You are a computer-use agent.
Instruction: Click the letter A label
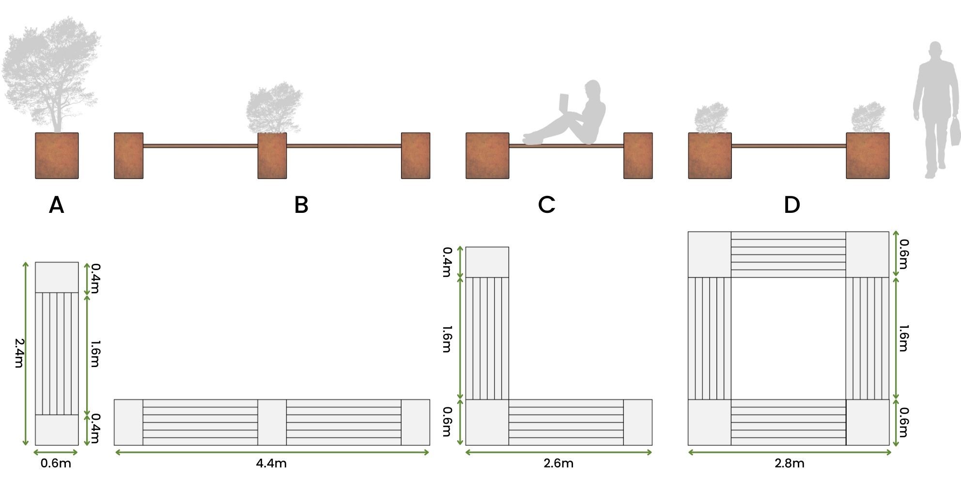(x=56, y=206)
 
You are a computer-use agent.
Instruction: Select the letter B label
(x=301, y=206)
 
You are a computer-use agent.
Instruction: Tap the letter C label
(x=546, y=206)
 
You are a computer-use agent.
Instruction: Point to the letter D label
(x=791, y=206)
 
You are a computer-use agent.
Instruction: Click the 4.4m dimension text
(x=271, y=464)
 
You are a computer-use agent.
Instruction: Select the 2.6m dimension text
(x=558, y=464)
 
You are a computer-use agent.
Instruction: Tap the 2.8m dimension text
(x=790, y=464)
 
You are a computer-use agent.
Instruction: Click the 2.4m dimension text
(x=19, y=353)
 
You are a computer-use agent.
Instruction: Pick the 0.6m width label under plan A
(x=56, y=464)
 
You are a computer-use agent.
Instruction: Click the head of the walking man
(x=935, y=50)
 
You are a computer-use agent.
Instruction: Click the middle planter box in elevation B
(x=272, y=156)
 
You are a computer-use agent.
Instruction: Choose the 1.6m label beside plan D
(x=903, y=338)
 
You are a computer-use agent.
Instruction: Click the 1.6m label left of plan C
(x=447, y=338)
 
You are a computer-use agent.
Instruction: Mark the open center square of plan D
(x=789, y=338)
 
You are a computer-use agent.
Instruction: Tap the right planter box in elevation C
(x=638, y=156)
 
